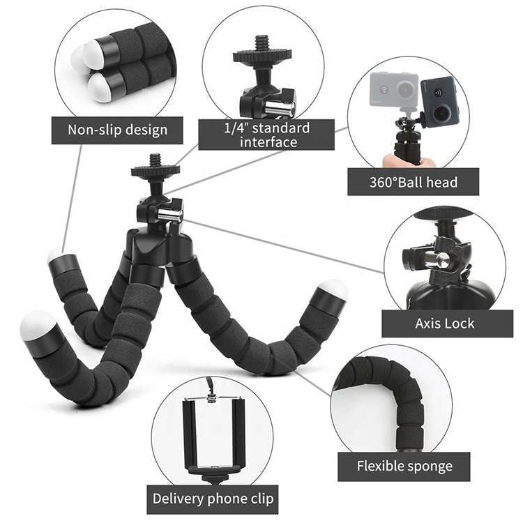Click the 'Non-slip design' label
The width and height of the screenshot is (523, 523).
tap(117, 129)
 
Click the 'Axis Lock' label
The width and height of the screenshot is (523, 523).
tap(445, 323)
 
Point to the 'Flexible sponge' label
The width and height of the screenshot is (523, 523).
tap(405, 467)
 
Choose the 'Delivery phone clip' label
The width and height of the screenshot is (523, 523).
tap(213, 499)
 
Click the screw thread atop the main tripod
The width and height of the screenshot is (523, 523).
tap(155, 160)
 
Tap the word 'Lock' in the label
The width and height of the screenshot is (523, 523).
tap(462, 323)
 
